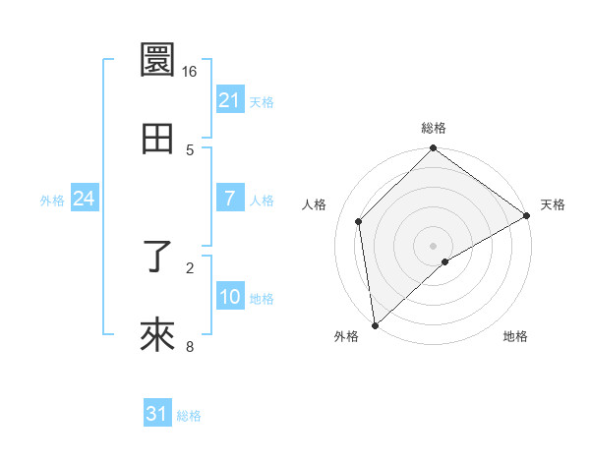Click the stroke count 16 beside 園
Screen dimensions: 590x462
pos(190,72)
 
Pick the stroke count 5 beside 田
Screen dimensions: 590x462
pos(190,149)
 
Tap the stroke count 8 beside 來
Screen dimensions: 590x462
pos(190,346)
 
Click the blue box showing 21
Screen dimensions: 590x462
pos(230,100)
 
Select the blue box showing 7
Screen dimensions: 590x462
pos(230,199)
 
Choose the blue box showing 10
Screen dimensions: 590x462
pos(230,297)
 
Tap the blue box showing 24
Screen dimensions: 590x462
pos(84,199)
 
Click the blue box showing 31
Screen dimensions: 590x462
pos(157,414)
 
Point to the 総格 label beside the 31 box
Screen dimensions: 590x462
pos(189,416)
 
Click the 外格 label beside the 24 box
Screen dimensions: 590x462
pos(52,201)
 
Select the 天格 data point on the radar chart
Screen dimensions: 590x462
pos(526,216)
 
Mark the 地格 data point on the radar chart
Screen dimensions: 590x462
pos(445,261)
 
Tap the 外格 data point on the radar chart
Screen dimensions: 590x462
pos(374,325)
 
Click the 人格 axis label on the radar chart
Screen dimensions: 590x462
pos(315,204)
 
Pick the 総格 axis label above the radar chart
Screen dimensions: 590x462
pos(434,128)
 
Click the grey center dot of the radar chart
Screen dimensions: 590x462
pos(433,245)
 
